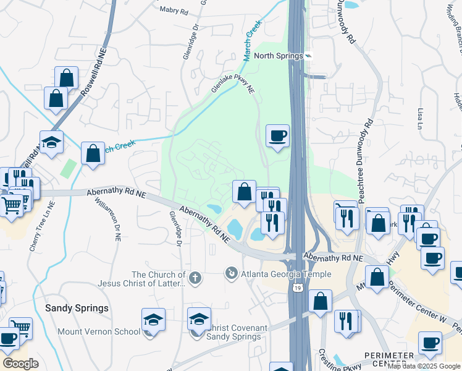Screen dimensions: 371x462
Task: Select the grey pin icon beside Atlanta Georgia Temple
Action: tap(232, 272)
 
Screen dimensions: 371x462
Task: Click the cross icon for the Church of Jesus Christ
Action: tap(195, 278)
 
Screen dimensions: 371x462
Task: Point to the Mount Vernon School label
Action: tap(99, 331)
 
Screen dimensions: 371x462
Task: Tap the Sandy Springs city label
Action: tap(77, 308)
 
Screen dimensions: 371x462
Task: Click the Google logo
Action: tap(20, 363)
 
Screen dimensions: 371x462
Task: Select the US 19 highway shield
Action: tap(300, 288)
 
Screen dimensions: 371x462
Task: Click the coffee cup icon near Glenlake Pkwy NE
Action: tap(277, 135)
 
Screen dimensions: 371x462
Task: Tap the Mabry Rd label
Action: tap(172, 10)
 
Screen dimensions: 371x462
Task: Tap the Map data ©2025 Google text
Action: tap(423, 366)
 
